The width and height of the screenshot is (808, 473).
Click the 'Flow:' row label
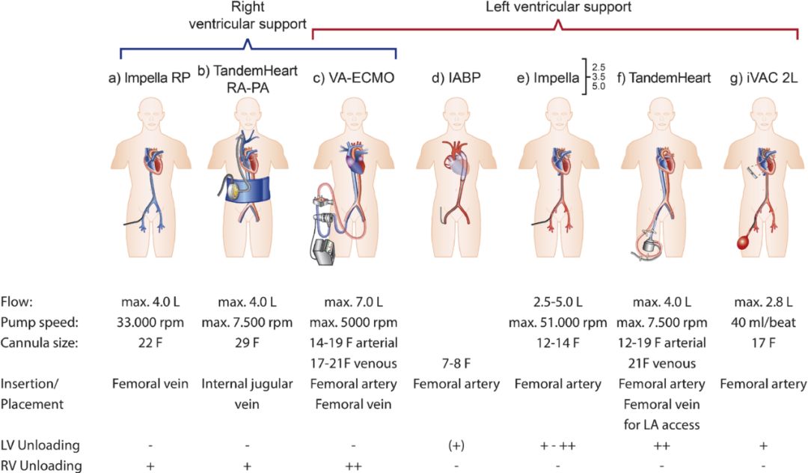coord(17,303)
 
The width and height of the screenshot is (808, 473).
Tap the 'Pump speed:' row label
coord(37,323)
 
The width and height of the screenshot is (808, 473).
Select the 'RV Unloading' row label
coord(40,465)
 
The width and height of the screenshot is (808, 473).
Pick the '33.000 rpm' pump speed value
coord(150,323)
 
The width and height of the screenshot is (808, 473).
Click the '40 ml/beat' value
coord(763,323)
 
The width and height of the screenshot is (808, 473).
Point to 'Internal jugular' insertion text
coord(247,384)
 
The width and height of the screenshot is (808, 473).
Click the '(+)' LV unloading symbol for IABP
coord(456,445)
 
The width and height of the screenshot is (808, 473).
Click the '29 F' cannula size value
coord(247,344)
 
